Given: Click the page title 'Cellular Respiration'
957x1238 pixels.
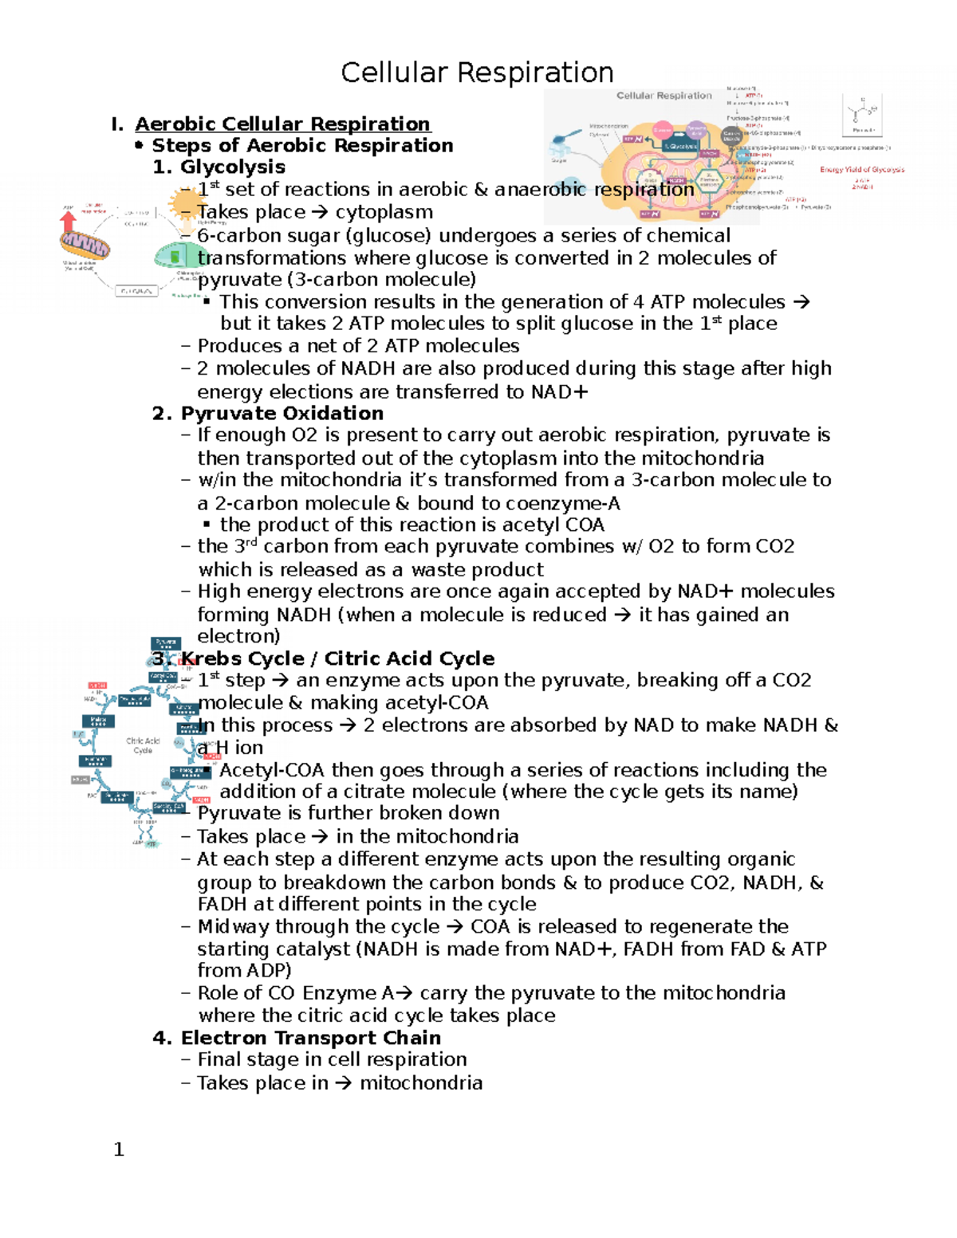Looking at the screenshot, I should pyautogui.click(x=477, y=73).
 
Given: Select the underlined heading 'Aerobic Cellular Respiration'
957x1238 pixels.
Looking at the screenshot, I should pyautogui.click(x=282, y=124).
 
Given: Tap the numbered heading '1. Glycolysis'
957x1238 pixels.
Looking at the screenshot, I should pyautogui.click(x=219, y=167).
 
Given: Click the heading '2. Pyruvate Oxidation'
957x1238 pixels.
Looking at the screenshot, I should pyautogui.click(x=268, y=414).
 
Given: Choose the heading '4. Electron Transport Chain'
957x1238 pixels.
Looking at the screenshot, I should pyautogui.click(x=297, y=1038).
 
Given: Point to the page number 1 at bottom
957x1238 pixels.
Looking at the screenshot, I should pyautogui.click(x=119, y=1150).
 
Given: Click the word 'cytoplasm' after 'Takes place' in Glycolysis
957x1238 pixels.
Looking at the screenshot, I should pyautogui.click(x=384, y=212).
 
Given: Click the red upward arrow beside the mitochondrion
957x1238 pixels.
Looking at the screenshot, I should pyautogui.click(x=69, y=221).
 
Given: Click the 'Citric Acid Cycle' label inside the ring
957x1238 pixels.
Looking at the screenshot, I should pyautogui.click(x=143, y=745).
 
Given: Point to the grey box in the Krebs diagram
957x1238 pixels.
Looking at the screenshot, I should pyautogui.click(x=81, y=780).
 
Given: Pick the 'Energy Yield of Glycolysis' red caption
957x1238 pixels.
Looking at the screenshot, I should pyautogui.click(x=862, y=170).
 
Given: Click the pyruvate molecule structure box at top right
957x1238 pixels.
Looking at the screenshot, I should pyautogui.click(x=862, y=115).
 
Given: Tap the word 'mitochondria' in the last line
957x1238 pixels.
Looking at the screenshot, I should pyautogui.click(x=421, y=1083).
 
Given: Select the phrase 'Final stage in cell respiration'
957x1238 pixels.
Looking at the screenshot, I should pyautogui.click(x=332, y=1059).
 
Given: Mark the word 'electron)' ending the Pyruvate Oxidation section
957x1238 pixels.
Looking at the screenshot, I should pyautogui.click(x=238, y=636).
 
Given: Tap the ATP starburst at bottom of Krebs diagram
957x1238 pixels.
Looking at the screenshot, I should pyautogui.click(x=152, y=843).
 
